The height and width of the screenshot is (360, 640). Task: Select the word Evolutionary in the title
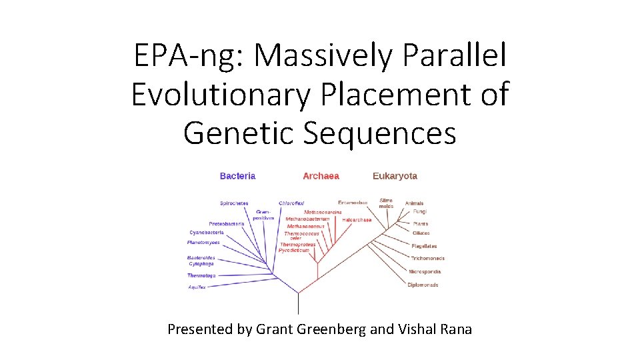(221, 94)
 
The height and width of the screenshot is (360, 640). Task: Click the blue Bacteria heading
(237, 176)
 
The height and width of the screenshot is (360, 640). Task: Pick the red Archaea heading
(321, 176)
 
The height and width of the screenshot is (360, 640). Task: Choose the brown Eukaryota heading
(395, 176)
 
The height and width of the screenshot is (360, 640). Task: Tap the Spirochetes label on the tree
(234, 203)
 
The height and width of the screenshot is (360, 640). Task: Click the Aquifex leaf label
(197, 287)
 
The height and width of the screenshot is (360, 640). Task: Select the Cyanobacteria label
(206, 233)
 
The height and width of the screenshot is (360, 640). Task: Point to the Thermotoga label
(201, 275)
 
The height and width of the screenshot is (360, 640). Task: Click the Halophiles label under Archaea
(357, 220)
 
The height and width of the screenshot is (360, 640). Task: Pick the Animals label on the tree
(415, 203)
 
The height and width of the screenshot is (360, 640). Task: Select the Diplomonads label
(423, 285)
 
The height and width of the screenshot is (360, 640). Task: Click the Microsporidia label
(425, 272)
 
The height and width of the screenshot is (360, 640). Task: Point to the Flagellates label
(424, 246)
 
